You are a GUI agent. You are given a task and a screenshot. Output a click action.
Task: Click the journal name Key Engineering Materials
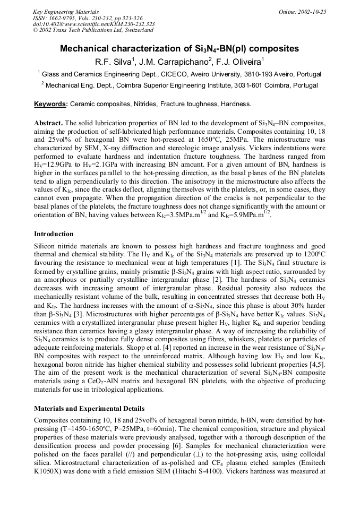tap(65, 12)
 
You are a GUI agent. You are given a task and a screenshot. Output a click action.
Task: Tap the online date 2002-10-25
tap(311, 12)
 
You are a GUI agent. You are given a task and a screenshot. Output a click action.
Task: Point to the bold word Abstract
tap(48, 123)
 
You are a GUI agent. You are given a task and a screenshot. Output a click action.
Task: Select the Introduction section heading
tap(54, 234)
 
